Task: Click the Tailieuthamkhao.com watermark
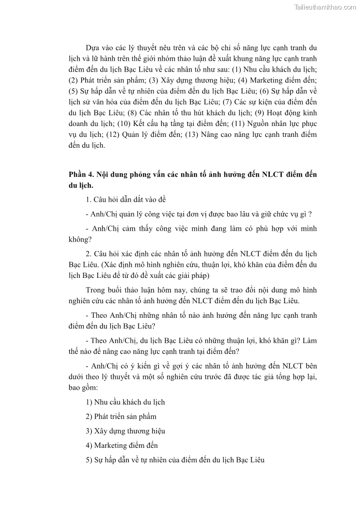tap(325, 7)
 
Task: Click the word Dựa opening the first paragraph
tap(93, 48)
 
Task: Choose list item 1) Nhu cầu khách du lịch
tap(125, 402)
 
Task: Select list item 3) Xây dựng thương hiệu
tap(125, 431)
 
